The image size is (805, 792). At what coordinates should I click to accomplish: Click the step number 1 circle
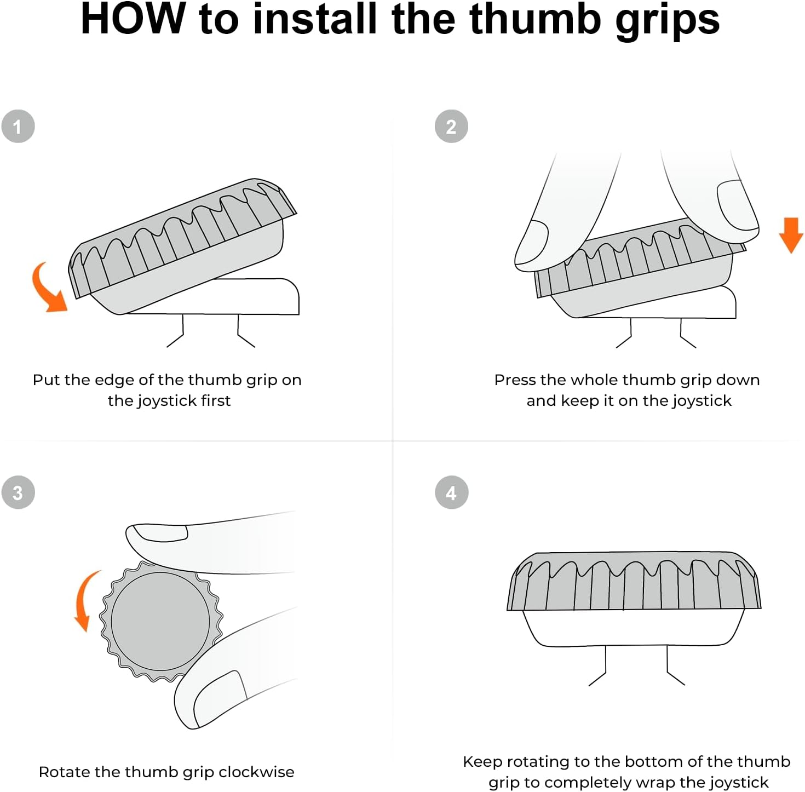[x=18, y=126]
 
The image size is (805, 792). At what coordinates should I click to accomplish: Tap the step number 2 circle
[x=451, y=126]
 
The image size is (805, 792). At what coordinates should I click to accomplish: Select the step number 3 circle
[x=18, y=492]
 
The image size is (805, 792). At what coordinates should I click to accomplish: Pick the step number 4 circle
[x=451, y=492]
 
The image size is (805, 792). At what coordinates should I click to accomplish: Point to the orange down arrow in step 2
[x=791, y=235]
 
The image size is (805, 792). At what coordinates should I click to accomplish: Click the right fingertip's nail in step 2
[x=738, y=205]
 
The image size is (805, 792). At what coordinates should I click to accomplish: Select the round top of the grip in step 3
[x=160, y=622]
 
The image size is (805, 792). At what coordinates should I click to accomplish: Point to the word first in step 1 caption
[x=216, y=400]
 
